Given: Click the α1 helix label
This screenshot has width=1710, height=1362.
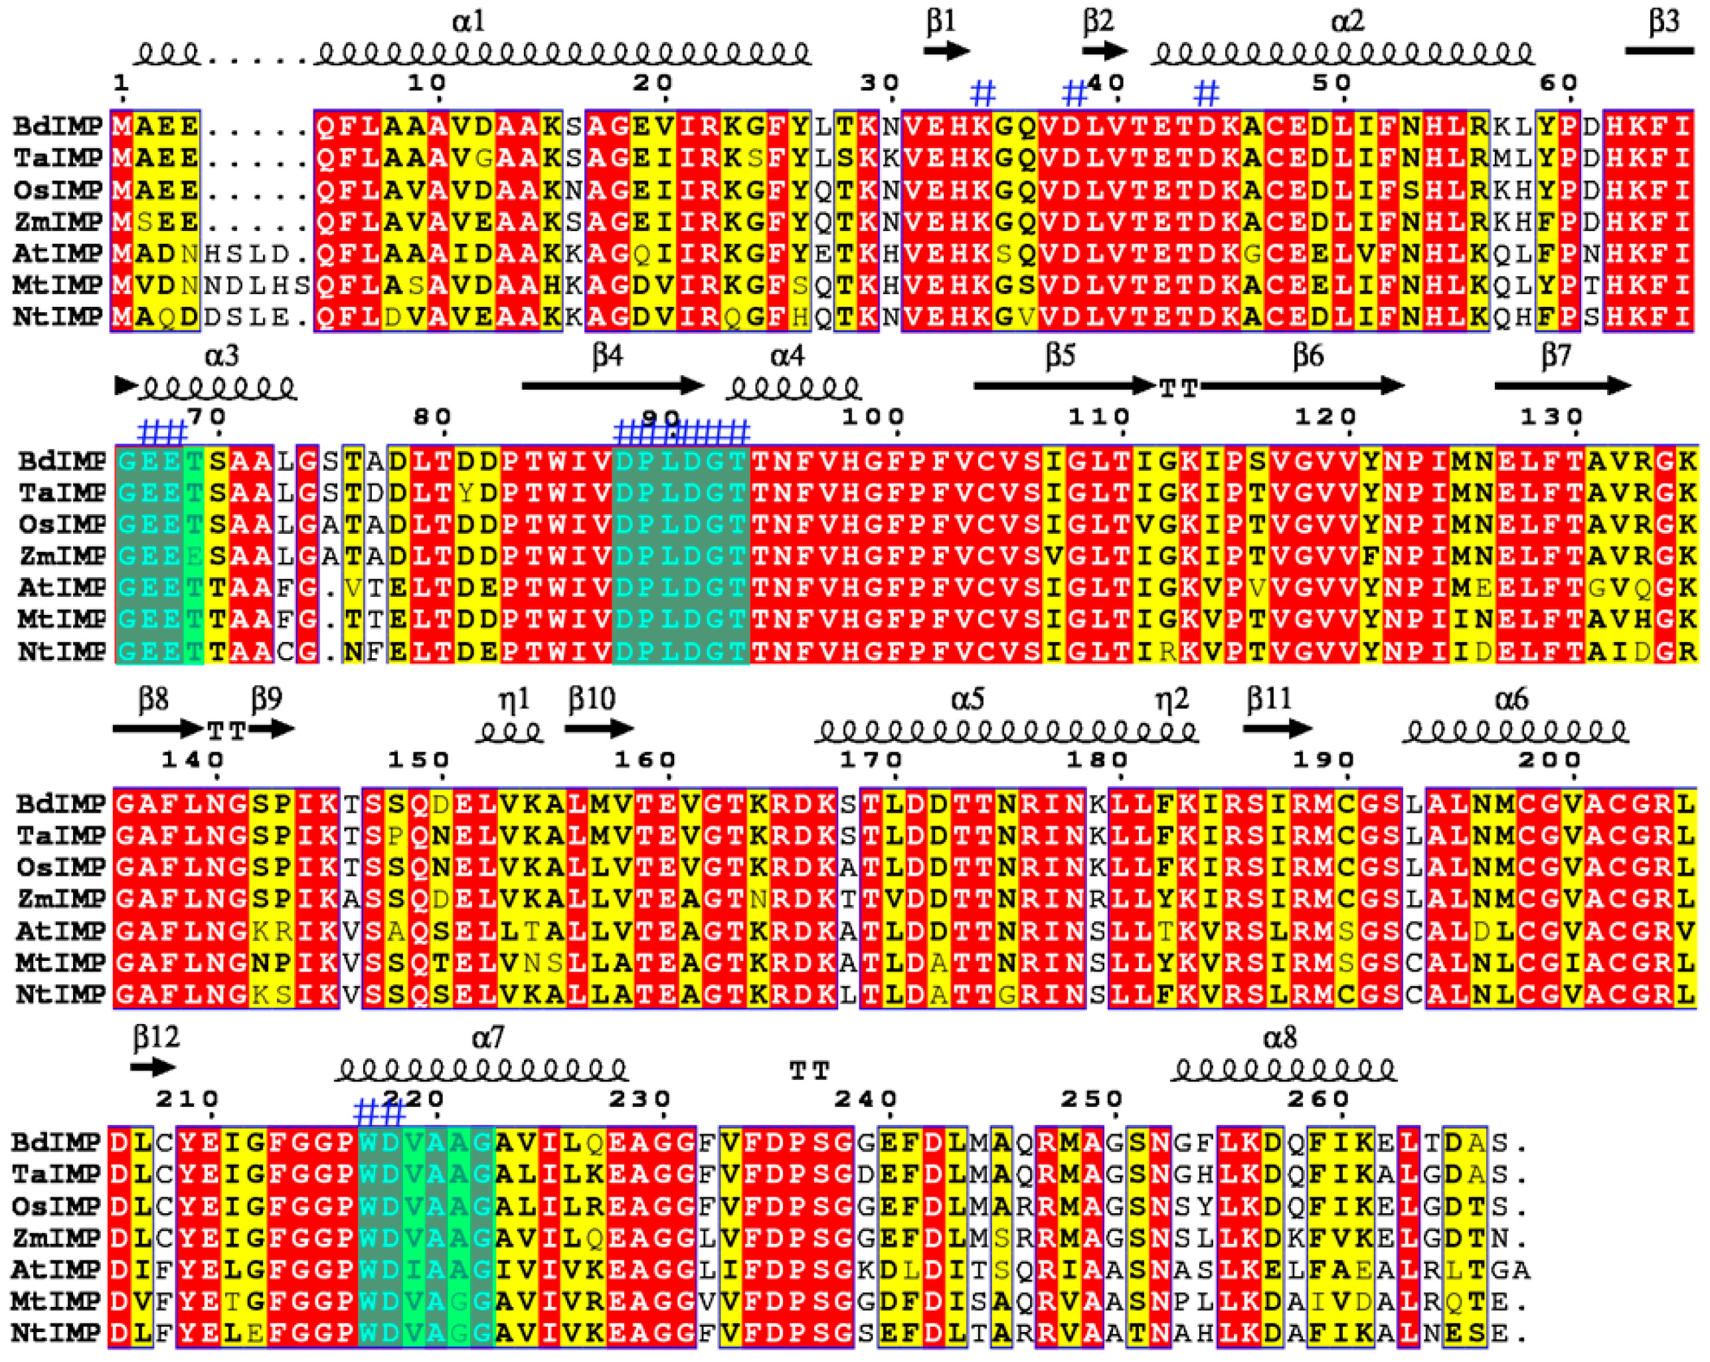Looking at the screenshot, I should point(468,21).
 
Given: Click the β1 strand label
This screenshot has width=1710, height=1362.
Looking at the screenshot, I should point(942,21).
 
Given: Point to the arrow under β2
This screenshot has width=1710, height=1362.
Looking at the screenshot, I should point(1105,50).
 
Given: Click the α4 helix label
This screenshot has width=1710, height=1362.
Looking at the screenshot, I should point(787,355).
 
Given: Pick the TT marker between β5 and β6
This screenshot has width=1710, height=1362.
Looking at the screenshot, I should point(1178,388).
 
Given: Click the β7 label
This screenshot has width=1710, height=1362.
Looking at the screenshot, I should point(1555,355).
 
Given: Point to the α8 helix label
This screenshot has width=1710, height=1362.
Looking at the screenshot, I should point(1278,1037).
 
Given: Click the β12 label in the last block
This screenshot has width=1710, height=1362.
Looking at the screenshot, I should point(155,1036).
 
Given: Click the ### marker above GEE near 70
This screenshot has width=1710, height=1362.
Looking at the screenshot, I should point(163,432).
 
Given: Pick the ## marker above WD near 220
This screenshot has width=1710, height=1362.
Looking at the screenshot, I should point(379,1113).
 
